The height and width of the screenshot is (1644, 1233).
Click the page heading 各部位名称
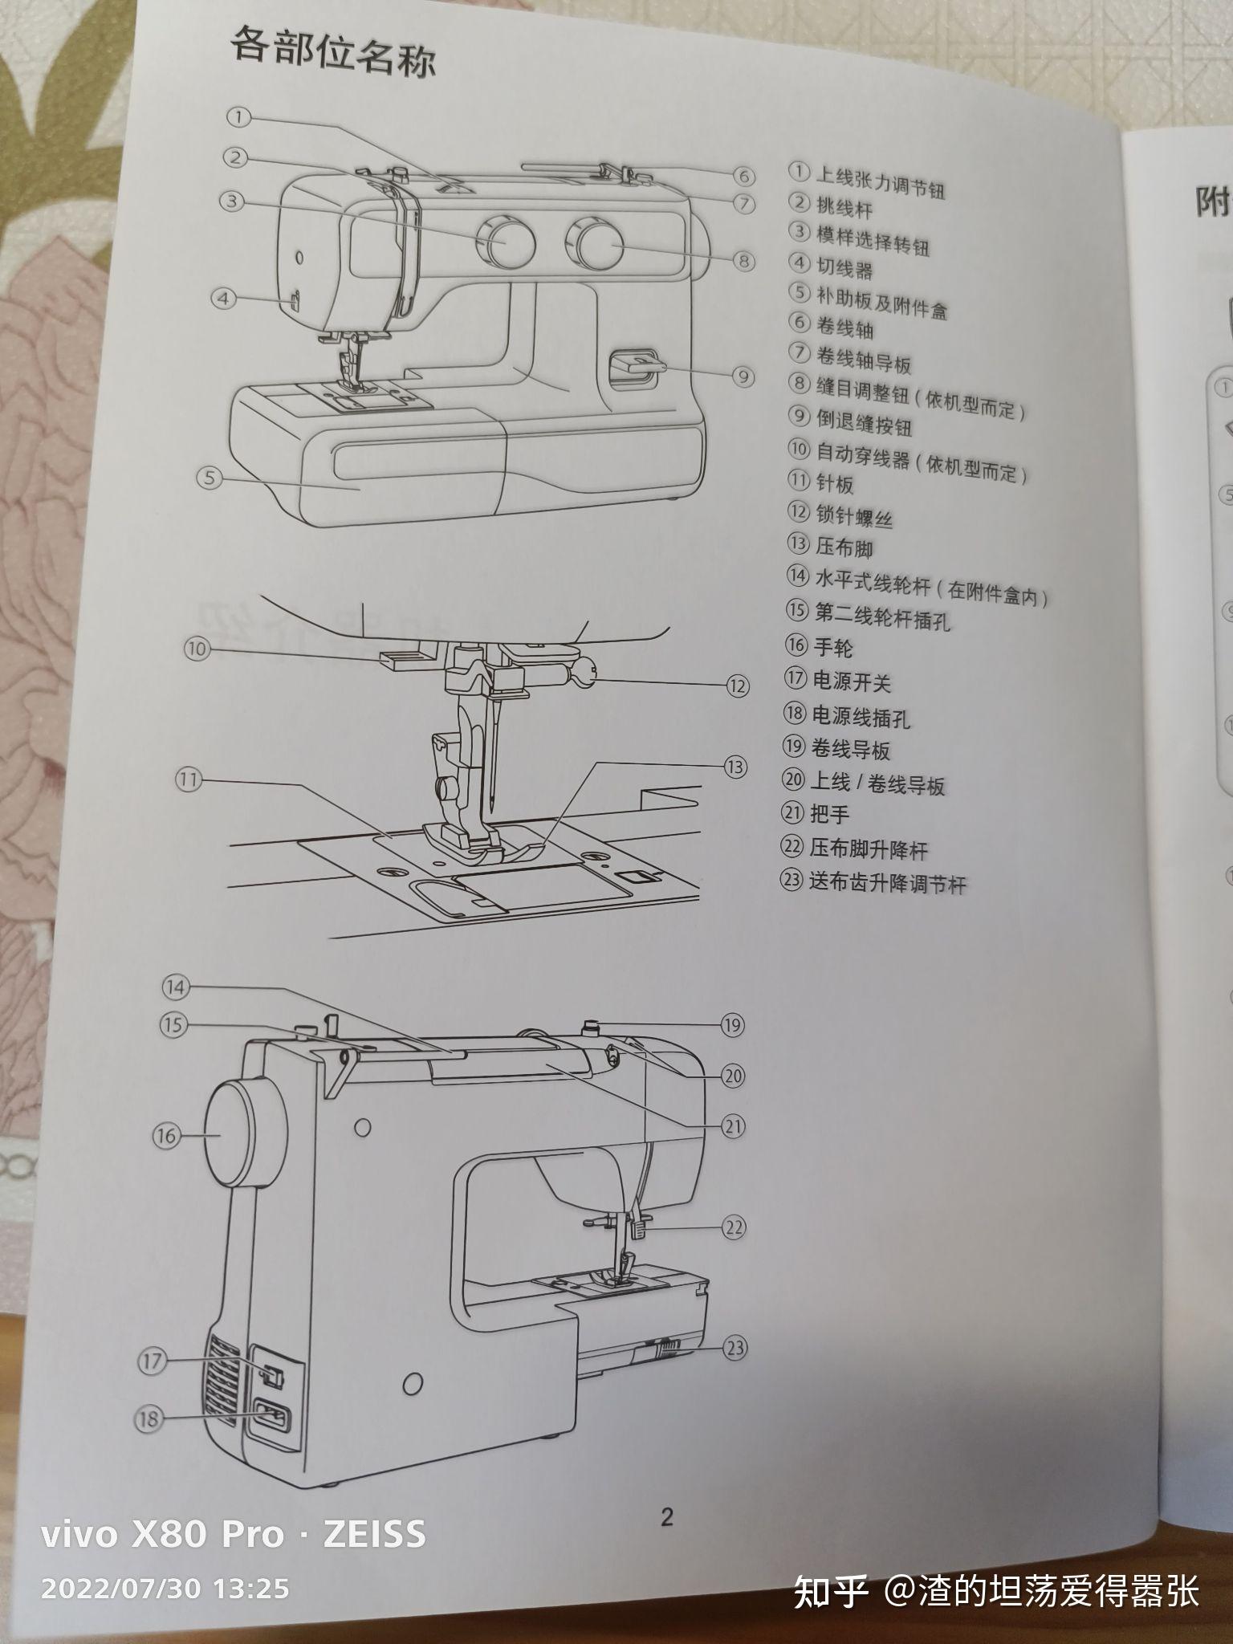332,51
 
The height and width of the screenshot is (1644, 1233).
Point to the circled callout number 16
166,1136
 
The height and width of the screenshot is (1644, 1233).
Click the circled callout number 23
735,1348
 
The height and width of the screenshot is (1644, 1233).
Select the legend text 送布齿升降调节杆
887,884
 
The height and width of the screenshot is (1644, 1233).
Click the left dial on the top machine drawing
504,241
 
